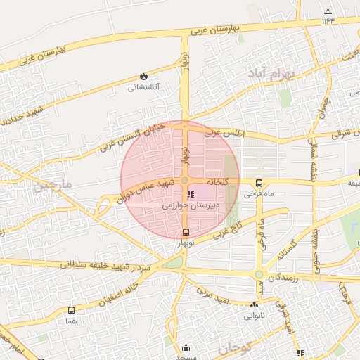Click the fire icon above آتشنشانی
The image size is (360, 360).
[x=144, y=76]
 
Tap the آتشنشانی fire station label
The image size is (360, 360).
[x=143, y=88]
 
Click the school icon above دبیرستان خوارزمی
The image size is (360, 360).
[x=191, y=194]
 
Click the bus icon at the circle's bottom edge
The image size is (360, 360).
[x=186, y=232]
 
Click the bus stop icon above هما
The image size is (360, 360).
[x=71, y=310]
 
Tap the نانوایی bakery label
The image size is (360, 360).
[x=254, y=316]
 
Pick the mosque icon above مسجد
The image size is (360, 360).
[x=186, y=347]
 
